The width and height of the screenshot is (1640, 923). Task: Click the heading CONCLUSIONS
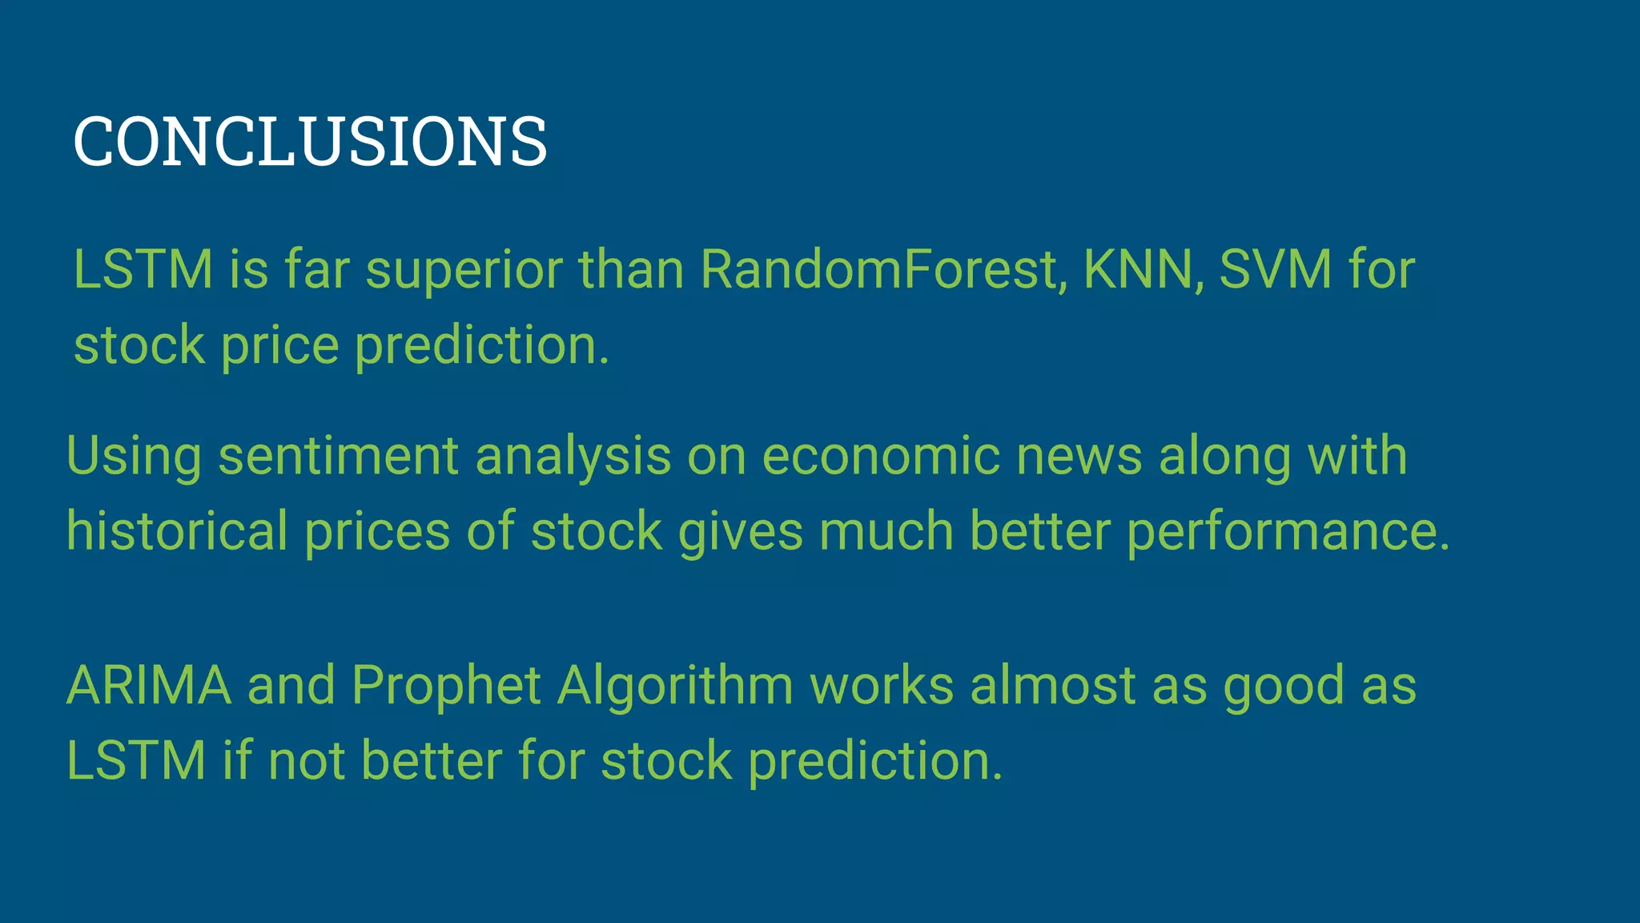[310, 142]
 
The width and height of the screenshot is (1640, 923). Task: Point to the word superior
[464, 271]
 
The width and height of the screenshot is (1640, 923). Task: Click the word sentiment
[338, 457]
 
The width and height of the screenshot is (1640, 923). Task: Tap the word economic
[880, 457]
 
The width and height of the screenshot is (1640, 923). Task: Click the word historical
[177, 531]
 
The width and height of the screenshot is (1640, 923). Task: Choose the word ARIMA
[149, 686]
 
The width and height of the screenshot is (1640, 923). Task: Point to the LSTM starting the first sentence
[143, 269]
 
